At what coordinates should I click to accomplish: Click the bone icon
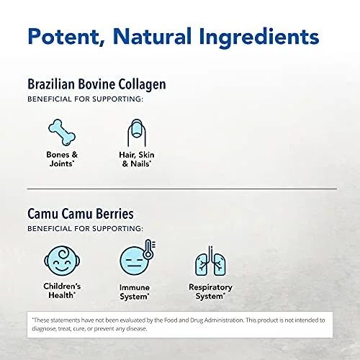pyautogui.click(x=62, y=132)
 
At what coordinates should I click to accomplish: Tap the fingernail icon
pyautogui.click(x=137, y=132)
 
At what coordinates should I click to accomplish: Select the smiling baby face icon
pyautogui.click(x=62, y=261)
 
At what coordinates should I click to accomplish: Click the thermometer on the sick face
pyautogui.click(x=148, y=249)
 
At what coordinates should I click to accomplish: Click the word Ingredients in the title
pyautogui.click(x=259, y=37)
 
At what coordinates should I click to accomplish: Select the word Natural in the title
pyautogui.click(x=152, y=36)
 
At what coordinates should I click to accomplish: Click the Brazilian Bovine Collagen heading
pyautogui.click(x=96, y=84)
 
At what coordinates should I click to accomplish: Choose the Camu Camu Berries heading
pyautogui.click(x=81, y=213)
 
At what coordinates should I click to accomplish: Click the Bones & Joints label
pyautogui.click(x=62, y=159)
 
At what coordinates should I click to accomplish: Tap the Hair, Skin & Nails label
pyautogui.click(x=137, y=159)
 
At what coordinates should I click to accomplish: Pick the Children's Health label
pyautogui.click(x=62, y=291)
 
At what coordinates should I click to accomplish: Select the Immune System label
pyautogui.click(x=135, y=292)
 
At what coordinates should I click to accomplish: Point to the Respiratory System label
pyautogui.click(x=210, y=292)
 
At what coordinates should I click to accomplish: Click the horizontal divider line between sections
pyautogui.click(x=182, y=189)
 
